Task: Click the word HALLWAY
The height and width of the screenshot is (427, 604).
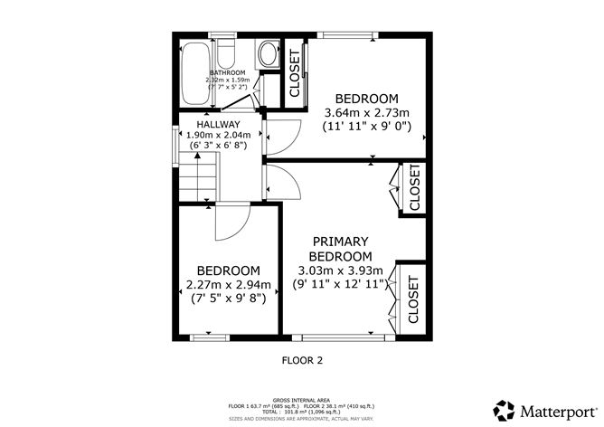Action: (219, 124)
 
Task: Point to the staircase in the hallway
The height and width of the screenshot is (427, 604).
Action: (197, 176)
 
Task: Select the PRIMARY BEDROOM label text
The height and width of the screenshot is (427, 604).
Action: (340, 249)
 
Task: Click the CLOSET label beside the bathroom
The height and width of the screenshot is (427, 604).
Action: (295, 72)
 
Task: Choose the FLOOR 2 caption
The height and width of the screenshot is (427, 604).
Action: (301, 360)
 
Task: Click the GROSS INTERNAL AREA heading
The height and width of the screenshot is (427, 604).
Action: (301, 398)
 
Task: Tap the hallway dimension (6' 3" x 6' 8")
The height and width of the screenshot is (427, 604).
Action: (219, 146)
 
